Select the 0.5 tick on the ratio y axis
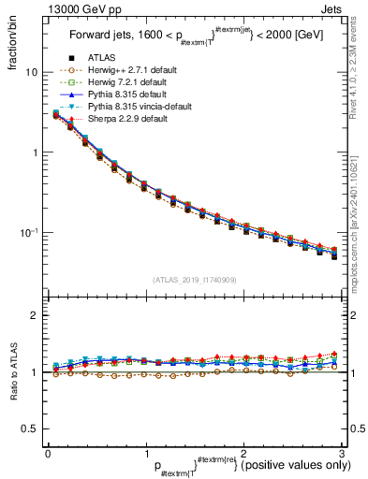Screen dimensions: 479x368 pyautogui.click(x=30, y=428)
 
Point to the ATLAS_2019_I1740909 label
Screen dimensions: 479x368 pyautogui.click(x=194, y=280)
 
